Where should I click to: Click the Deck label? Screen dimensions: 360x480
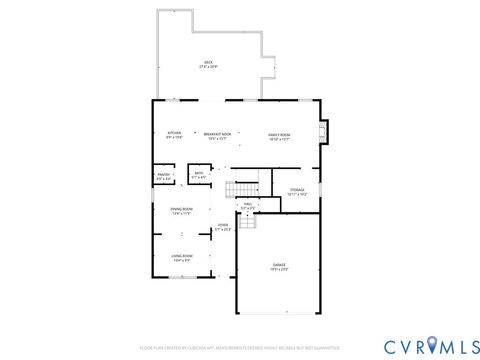[x=209, y=62]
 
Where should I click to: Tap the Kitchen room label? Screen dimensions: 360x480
[x=174, y=133]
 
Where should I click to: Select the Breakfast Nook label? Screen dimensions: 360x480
[x=217, y=133]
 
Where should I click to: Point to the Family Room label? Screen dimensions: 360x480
[x=279, y=133]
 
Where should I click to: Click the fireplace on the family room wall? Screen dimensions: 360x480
[x=322, y=133]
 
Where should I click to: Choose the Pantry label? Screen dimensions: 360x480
[x=163, y=175]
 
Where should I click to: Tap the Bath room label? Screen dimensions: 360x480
[x=199, y=173]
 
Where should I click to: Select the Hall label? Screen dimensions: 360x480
[x=248, y=204]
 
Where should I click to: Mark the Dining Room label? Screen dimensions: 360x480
[x=182, y=209]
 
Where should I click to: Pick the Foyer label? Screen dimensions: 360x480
[x=223, y=225]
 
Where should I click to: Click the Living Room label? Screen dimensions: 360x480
[x=182, y=256]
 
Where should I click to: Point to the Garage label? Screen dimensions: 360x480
[x=279, y=265]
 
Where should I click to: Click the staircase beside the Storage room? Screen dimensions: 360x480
[x=242, y=189]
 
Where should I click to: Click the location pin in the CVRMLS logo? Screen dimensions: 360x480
[x=432, y=345]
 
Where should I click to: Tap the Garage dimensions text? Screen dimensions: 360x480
[x=279, y=270]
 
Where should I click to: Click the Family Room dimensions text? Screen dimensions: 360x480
[x=279, y=138]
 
